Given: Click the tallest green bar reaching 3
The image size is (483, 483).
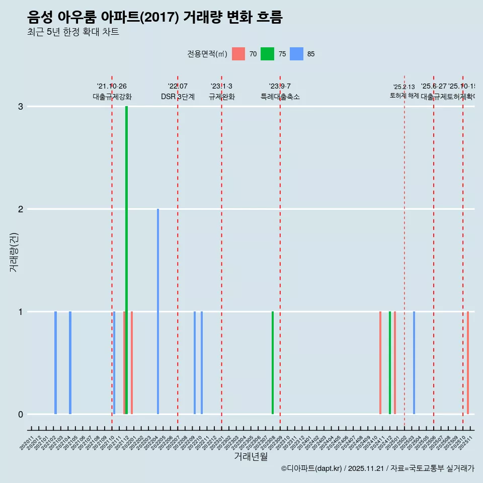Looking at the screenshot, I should [126, 260].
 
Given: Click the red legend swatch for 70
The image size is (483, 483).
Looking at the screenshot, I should [238, 54].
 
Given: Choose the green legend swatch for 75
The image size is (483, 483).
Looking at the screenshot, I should [267, 54].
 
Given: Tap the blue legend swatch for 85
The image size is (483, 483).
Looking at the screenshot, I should [296, 54].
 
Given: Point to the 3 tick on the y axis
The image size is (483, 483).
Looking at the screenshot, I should [21, 106].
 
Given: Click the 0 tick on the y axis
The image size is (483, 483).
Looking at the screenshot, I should [21, 414].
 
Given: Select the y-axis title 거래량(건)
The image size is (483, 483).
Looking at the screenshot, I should [14, 252].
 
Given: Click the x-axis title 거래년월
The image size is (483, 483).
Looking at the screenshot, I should [251, 456].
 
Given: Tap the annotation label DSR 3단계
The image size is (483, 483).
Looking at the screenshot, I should [178, 97].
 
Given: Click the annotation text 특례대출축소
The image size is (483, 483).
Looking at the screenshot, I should [280, 97].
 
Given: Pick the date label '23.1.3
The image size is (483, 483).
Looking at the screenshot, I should [221, 87].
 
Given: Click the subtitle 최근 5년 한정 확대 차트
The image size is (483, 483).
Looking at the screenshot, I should [73, 32].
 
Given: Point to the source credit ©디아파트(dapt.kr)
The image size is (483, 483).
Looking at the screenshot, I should [311, 468].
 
